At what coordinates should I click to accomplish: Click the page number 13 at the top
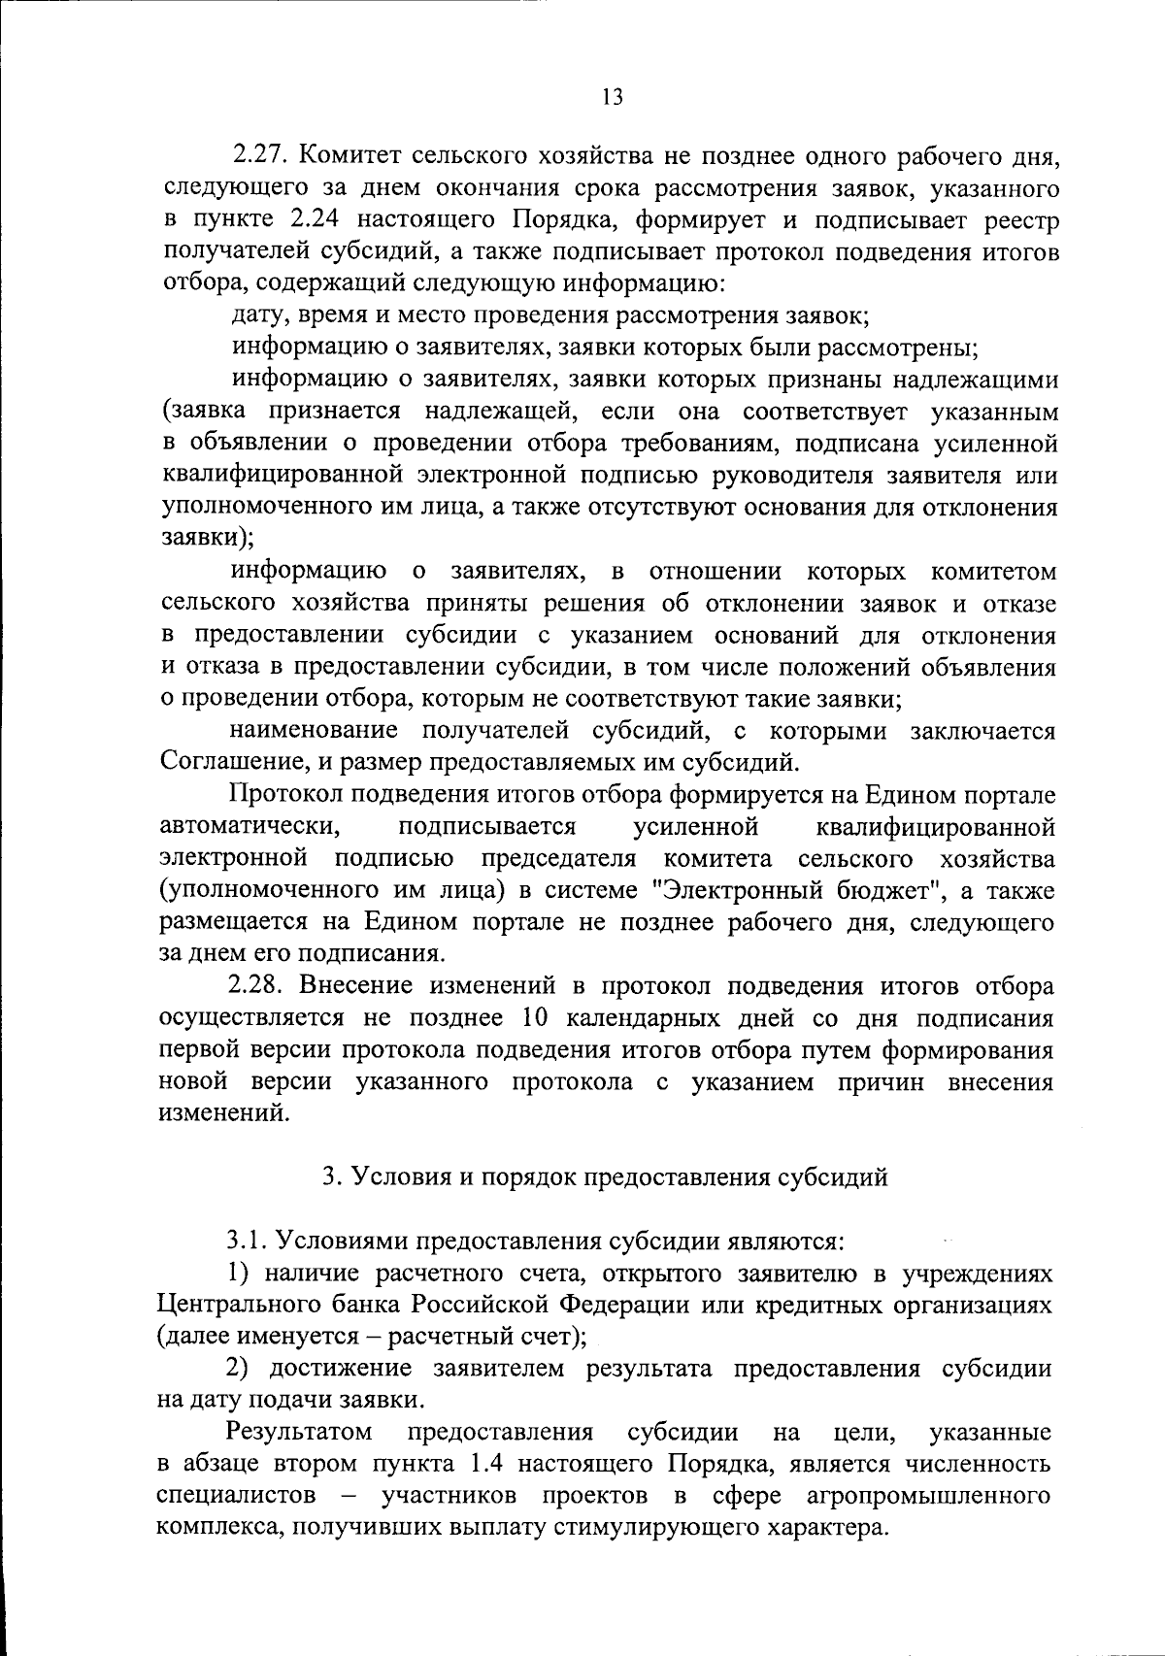[x=611, y=97]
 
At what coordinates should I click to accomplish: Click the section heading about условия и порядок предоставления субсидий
[x=605, y=1177]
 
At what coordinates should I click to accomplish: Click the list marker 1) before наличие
[x=241, y=1274]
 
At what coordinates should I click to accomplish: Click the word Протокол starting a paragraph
[x=283, y=796]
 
